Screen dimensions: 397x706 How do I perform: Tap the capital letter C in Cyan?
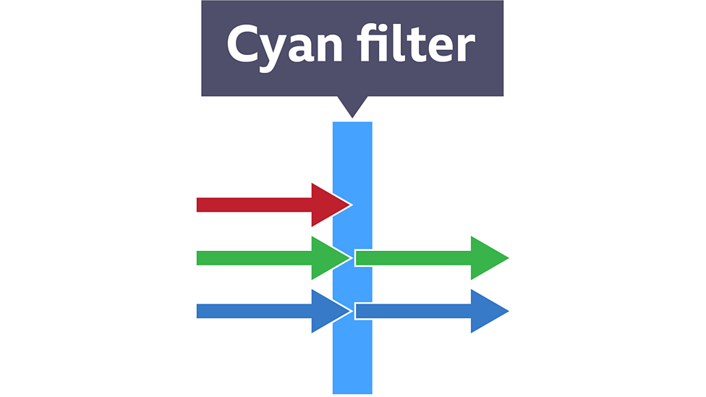coord(242,45)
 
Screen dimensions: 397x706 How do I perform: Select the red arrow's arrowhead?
coord(330,205)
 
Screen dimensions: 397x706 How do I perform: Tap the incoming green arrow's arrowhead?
coord(330,257)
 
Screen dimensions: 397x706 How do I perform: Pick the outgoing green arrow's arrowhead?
coord(488,257)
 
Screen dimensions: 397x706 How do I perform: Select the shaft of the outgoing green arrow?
coord(412,257)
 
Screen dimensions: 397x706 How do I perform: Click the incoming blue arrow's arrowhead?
coord(330,311)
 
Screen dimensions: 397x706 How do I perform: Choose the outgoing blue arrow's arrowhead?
coord(488,311)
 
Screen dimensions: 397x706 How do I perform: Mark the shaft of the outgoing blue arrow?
coord(412,311)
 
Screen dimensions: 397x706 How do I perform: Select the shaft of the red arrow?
coord(253,205)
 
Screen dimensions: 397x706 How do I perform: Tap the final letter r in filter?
coord(466,48)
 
